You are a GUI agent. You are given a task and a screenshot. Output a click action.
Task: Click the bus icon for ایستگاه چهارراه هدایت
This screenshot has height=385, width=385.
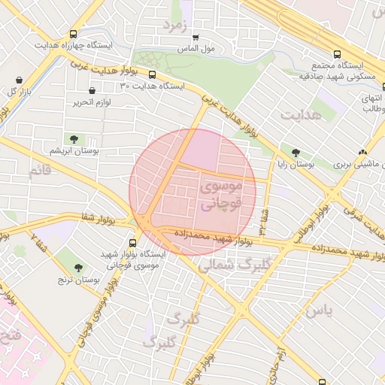[x=73, y=34]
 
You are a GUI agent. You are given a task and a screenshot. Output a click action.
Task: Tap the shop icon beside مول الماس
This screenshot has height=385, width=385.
[x=196, y=37]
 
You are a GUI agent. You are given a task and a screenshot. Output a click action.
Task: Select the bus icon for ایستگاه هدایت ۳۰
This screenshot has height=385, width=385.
[x=152, y=74]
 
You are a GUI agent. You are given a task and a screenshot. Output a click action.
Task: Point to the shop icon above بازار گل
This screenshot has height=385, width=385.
[x=18, y=79]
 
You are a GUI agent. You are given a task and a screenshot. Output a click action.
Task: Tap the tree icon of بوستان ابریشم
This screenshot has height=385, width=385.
[x=74, y=138]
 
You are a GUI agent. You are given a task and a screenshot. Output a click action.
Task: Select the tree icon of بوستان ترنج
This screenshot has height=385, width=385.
[x=78, y=267]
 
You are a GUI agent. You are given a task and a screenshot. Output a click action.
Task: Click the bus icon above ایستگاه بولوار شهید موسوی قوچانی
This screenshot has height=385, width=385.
[x=133, y=242]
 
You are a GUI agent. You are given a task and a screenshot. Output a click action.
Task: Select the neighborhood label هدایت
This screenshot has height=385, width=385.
[x=301, y=114]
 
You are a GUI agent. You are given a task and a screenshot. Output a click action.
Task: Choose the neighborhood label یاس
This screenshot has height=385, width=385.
[x=318, y=310]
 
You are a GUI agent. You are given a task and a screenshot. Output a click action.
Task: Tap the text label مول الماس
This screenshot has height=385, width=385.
[x=201, y=49]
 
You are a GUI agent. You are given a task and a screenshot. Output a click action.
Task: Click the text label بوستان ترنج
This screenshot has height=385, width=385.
[x=77, y=280]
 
